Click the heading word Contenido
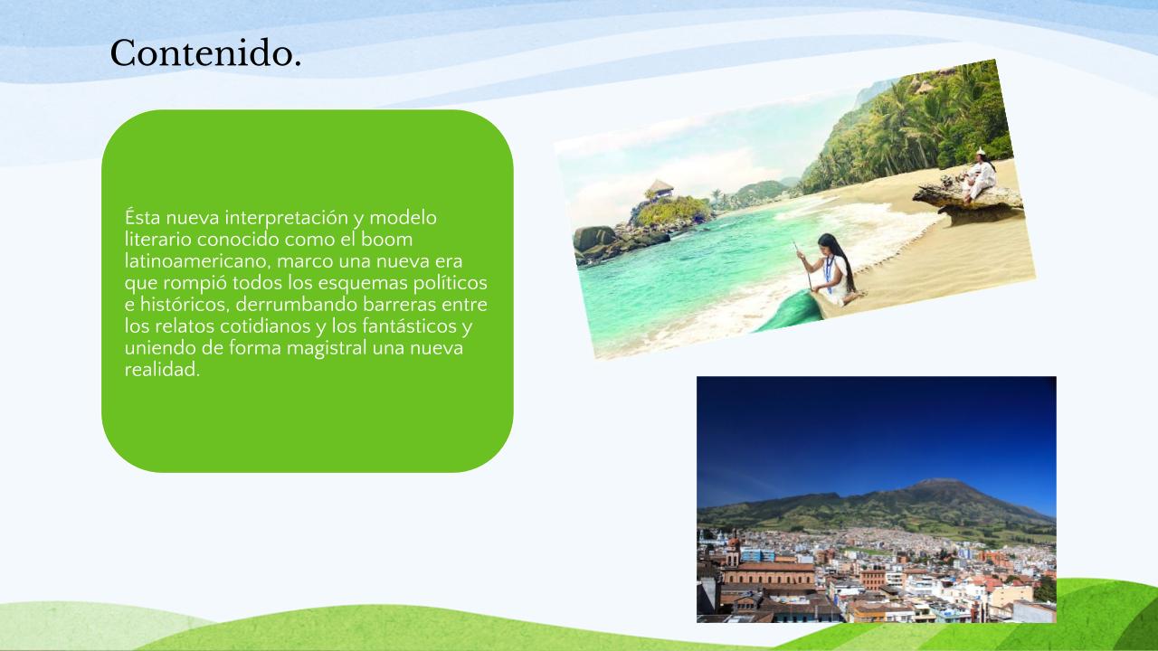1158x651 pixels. (205, 53)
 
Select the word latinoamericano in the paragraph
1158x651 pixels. (197, 261)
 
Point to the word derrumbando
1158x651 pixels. (297, 305)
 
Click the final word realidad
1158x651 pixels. (162, 370)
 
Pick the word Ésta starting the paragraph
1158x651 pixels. (143, 218)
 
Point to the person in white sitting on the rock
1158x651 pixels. (979, 174)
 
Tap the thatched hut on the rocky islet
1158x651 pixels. (660, 188)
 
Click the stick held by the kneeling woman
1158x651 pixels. (802, 265)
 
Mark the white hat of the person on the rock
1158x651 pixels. (981, 151)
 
